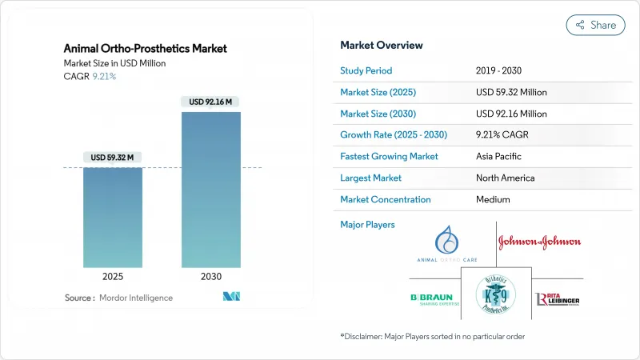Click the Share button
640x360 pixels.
596,25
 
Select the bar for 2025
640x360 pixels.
113,217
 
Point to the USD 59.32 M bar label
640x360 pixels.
113,157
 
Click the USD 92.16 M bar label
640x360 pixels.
211,102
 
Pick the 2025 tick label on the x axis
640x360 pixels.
113,276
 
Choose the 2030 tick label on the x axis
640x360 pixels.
211,276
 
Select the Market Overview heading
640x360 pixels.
382,46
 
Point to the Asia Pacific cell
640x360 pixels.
499,156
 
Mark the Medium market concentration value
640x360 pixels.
494,199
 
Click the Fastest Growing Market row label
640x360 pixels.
389,156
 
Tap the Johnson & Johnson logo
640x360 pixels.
540,241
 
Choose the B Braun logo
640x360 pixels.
431,299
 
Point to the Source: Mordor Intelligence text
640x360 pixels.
118,298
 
